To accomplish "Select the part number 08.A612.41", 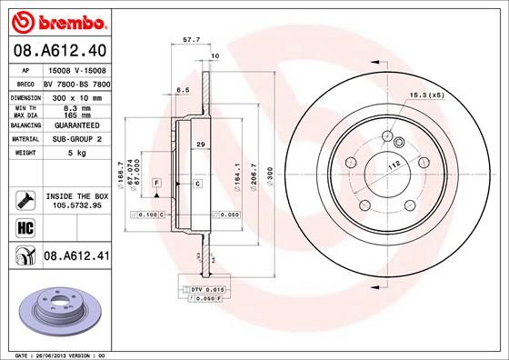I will pos(76,258).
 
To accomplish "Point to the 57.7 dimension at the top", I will pos(192,41).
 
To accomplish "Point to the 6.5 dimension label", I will pos(182,89).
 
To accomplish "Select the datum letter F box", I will pos(157,184).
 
